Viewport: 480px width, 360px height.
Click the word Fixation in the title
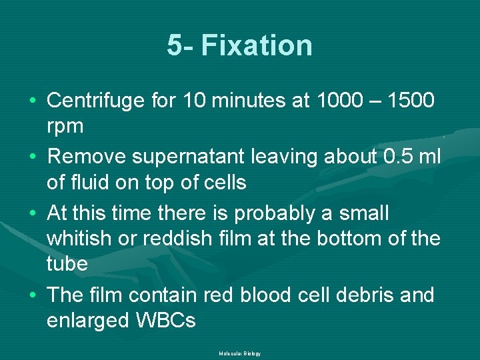click(x=257, y=46)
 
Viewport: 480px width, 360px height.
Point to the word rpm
click(x=65, y=126)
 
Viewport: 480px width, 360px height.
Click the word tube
click(x=67, y=263)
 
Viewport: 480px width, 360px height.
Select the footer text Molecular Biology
click(x=239, y=353)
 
